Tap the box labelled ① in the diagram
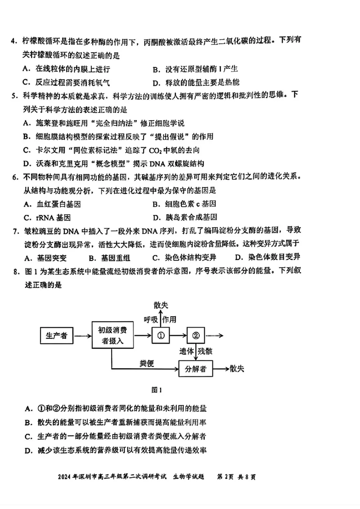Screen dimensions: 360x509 point(161,335)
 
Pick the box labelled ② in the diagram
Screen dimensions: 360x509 point(196,335)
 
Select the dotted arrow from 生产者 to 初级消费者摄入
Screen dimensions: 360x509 point(82,335)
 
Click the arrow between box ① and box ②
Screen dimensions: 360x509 point(178,335)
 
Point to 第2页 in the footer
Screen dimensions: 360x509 point(227,489)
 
